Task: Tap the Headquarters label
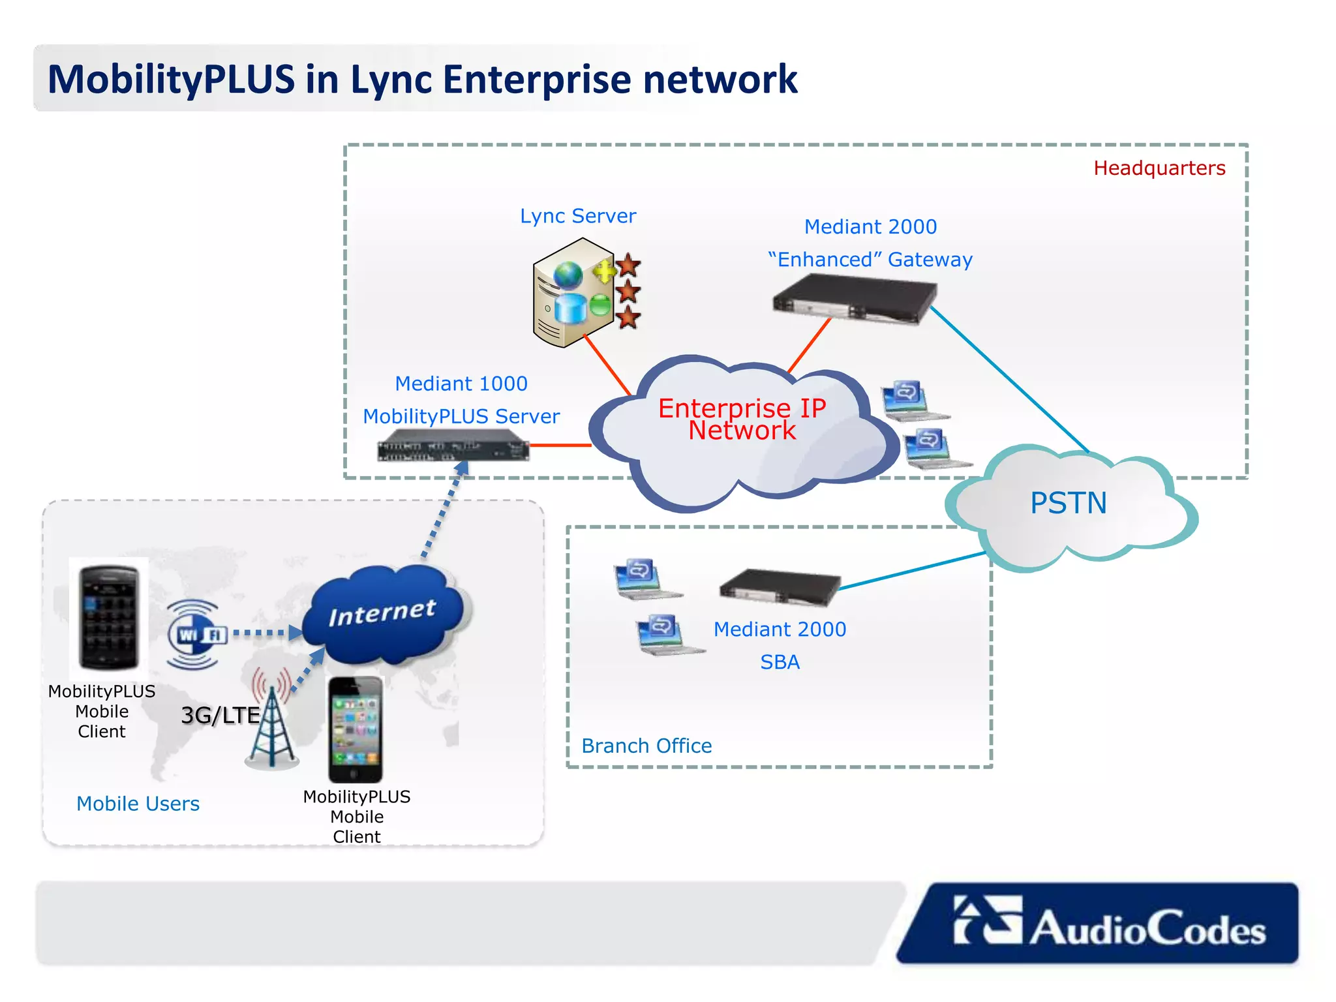(x=1159, y=168)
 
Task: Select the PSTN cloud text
(x=1068, y=503)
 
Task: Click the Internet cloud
(x=385, y=613)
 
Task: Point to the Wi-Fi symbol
(x=194, y=634)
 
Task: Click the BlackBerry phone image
(x=109, y=617)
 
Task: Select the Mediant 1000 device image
(x=453, y=449)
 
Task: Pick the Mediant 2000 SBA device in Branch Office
(x=779, y=586)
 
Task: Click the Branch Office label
(x=646, y=746)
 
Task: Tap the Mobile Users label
(x=138, y=804)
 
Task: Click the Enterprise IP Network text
(x=742, y=419)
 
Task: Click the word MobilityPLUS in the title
(x=171, y=80)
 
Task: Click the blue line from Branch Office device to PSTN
(x=913, y=571)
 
